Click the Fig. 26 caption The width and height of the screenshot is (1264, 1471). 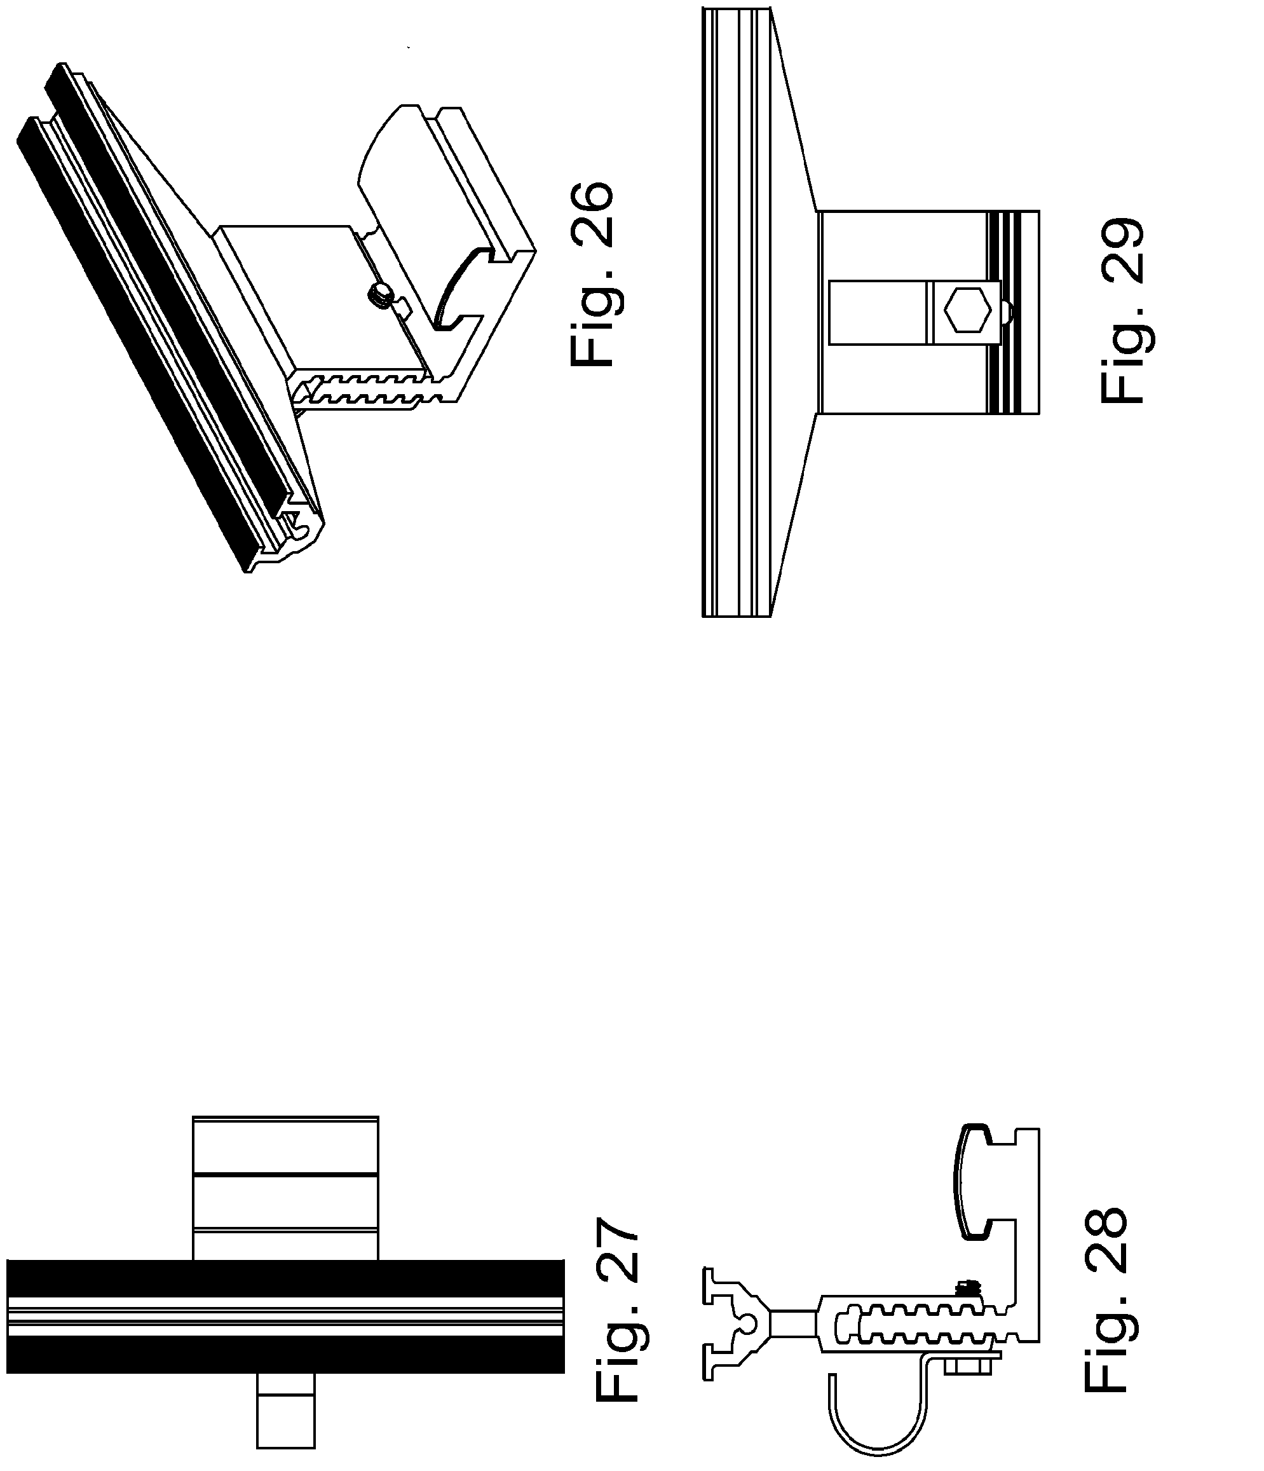591,274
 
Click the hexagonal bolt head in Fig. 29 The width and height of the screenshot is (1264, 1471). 967,310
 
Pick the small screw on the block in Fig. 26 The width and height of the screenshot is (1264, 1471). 381,292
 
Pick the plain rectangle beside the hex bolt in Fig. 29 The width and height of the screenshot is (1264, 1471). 877,312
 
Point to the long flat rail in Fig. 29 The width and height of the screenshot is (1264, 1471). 735,312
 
